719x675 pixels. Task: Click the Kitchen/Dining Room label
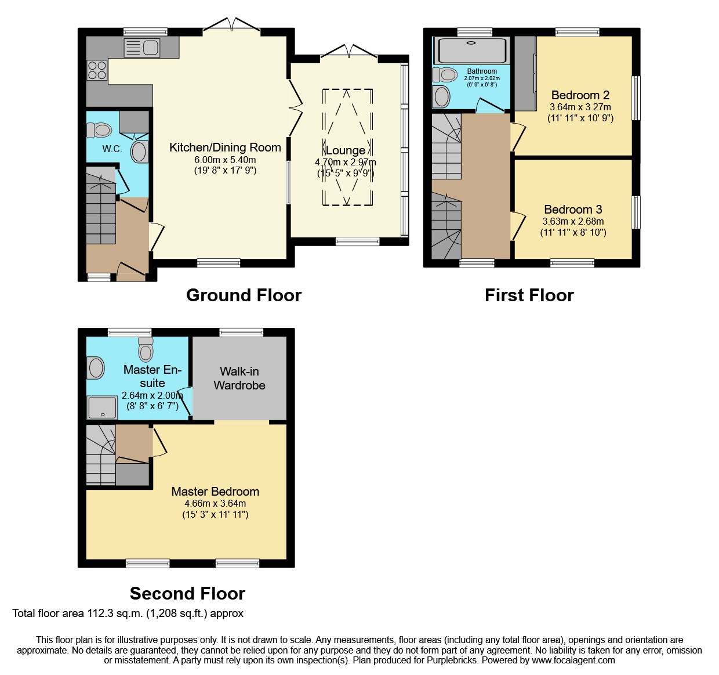225,147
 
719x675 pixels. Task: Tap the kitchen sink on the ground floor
142,47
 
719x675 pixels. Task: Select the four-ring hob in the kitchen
97,70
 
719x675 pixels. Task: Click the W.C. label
112,149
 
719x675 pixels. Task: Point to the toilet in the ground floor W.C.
100,129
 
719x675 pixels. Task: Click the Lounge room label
346,150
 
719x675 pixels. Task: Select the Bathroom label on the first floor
482,71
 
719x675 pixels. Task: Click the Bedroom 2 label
580,95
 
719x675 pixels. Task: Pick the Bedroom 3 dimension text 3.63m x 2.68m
573,221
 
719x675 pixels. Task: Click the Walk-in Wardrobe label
239,378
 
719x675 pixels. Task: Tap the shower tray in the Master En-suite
102,407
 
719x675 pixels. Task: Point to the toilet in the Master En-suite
146,350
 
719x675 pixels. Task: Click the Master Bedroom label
215,492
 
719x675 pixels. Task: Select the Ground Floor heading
244,295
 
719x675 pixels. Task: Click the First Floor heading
529,295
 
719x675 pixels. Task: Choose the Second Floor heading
187,593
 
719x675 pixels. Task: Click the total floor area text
128,613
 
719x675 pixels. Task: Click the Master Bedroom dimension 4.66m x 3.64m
215,503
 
